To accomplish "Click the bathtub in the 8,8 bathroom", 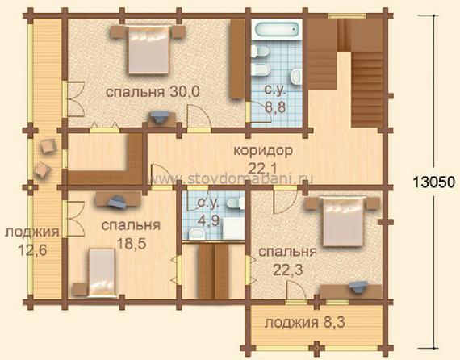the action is coord(276,29).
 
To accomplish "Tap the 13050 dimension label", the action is coord(434,182).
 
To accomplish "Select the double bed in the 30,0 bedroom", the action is coord(148,49).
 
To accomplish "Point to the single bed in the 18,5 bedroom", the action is coord(102,272).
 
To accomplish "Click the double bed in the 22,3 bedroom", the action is coord(343,221).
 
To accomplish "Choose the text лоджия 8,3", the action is coord(305,323).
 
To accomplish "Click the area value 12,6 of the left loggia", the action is coord(32,250).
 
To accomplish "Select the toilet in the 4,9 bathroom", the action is coord(236,203).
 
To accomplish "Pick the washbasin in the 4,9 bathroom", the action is coord(197,234).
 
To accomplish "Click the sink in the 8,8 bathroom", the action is coord(295,77).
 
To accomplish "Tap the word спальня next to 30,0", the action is coord(136,92).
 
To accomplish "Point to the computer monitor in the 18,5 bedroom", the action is coord(117,202).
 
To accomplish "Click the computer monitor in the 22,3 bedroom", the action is coord(358,287).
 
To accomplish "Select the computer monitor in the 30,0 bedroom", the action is coord(159,116).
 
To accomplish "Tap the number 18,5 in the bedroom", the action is coord(131,244).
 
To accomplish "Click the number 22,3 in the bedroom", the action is coord(288,270).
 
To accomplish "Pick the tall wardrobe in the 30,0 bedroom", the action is coord(237,59).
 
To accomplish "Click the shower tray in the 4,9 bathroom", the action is coord(233,228).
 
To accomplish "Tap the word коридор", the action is coord(263,150).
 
